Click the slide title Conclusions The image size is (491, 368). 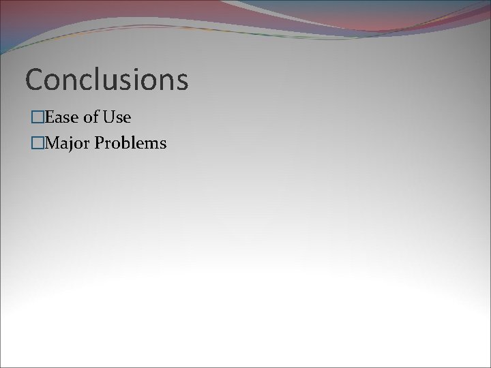(x=106, y=80)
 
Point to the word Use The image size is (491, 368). (x=117, y=118)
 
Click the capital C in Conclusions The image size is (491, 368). (x=33, y=80)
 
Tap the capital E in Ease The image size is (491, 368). (x=47, y=118)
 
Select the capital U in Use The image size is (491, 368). (x=108, y=118)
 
